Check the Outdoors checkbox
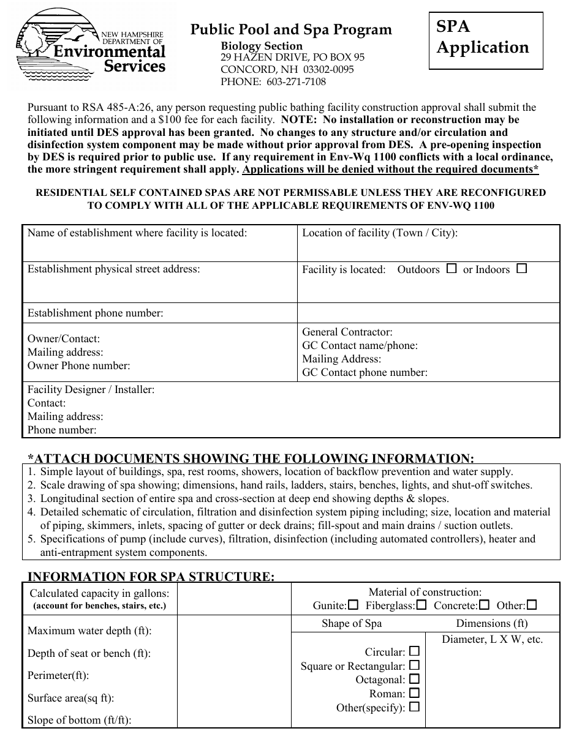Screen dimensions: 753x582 [x=452, y=268]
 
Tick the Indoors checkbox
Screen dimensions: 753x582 [x=521, y=268]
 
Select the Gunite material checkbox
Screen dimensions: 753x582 [x=353, y=605]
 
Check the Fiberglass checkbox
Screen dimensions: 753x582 [x=421, y=605]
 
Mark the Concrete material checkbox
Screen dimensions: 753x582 [x=484, y=605]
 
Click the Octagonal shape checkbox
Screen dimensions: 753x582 [x=415, y=679]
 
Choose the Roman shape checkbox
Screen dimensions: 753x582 [x=415, y=693]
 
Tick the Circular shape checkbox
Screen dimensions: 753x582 [x=415, y=651]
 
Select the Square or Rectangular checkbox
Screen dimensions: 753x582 [x=415, y=665]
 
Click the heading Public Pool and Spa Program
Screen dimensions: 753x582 [x=291, y=29]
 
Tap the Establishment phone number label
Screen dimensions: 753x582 [x=96, y=313]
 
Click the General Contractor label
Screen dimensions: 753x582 [x=347, y=332]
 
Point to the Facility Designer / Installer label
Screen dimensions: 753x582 [x=91, y=389]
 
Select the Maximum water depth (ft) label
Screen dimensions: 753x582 [x=89, y=631]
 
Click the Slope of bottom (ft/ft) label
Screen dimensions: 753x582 [x=80, y=720]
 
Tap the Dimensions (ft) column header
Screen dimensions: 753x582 [x=491, y=623]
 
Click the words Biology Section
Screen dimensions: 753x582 [x=262, y=46]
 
